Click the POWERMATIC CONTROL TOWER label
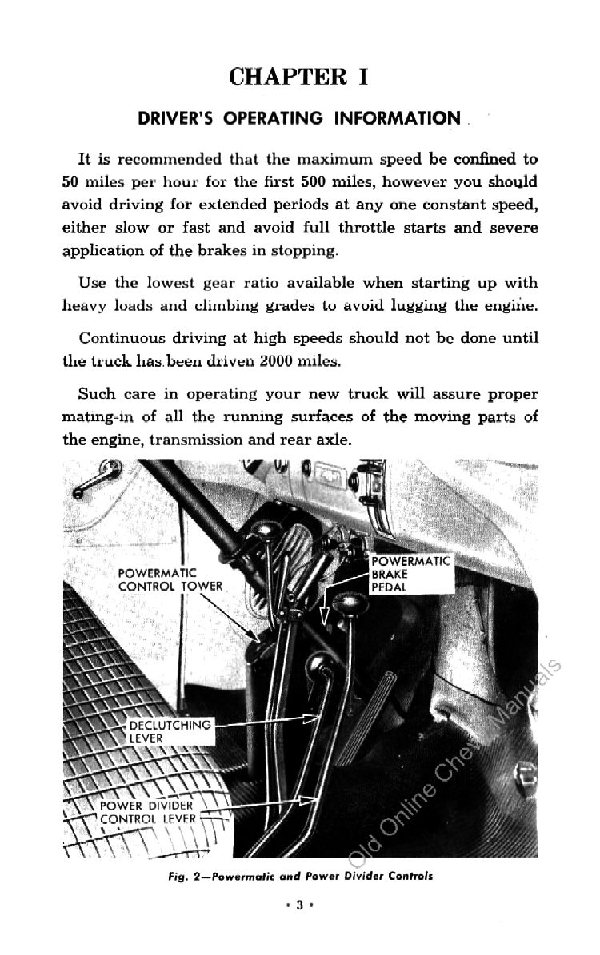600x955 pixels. point(169,579)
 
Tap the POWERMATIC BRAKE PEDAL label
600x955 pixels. point(410,574)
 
